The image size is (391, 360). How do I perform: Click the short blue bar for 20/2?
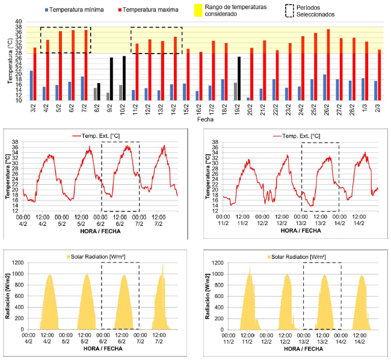248,99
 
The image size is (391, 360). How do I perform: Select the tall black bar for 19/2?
239,78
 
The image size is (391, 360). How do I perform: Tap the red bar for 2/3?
379,75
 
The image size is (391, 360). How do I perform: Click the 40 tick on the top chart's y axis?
18,21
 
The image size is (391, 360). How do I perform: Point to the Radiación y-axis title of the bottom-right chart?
207,297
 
